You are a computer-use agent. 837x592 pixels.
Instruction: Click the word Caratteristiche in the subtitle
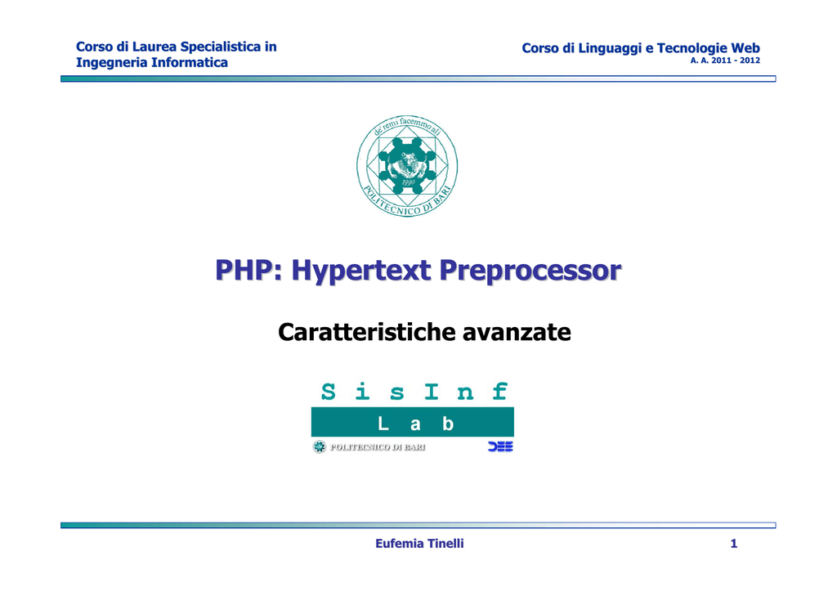(367, 332)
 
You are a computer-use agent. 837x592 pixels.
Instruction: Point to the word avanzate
(517, 333)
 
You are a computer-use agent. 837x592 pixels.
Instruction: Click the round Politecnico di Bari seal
(407, 166)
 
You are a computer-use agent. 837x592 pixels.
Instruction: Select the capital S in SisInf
(329, 392)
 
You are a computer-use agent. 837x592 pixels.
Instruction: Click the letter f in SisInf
(499, 392)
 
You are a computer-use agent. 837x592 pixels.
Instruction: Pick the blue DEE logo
(500, 446)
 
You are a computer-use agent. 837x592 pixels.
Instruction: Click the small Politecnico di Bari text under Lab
(378, 447)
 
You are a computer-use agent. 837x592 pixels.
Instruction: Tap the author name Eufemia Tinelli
(419, 544)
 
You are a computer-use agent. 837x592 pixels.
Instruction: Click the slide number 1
(734, 544)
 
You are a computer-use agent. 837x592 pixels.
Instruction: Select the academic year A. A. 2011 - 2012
(725, 61)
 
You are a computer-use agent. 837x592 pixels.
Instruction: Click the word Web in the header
(745, 48)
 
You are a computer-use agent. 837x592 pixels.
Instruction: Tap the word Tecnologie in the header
(692, 48)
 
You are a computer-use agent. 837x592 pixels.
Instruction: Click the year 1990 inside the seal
(408, 182)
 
